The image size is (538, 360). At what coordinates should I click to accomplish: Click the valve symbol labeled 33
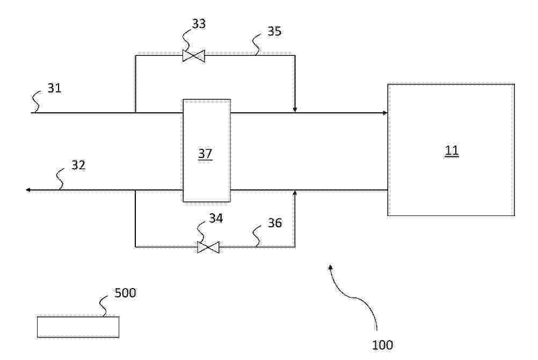[193, 56]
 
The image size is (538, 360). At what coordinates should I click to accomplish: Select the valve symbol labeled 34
[208, 247]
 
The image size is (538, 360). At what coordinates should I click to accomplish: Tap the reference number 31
[54, 88]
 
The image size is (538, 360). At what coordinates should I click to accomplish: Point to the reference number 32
[78, 165]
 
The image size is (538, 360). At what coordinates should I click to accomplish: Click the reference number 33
[199, 24]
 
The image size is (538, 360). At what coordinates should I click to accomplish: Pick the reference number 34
[216, 218]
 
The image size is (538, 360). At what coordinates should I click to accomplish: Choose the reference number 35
[274, 31]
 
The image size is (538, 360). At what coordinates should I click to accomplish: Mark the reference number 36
[275, 223]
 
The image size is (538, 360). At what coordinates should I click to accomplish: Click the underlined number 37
[205, 154]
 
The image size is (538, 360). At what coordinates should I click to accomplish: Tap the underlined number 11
[452, 150]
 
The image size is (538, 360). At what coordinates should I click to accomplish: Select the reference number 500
[125, 293]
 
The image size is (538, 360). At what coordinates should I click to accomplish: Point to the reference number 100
[383, 345]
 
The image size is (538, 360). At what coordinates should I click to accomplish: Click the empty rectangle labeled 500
[78, 327]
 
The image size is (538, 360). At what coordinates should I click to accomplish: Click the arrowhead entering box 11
[386, 113]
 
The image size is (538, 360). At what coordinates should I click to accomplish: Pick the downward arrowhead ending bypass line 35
[295, 110]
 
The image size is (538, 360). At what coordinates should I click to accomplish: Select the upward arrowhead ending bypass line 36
[295, 193]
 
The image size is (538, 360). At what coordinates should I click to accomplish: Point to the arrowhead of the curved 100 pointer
[330, 267]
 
